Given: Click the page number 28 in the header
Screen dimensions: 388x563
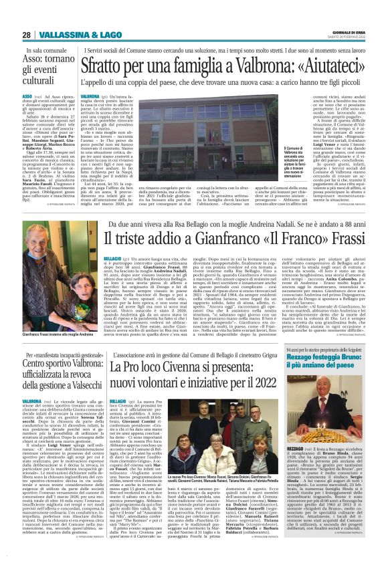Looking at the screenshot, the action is tap(25, 34).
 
